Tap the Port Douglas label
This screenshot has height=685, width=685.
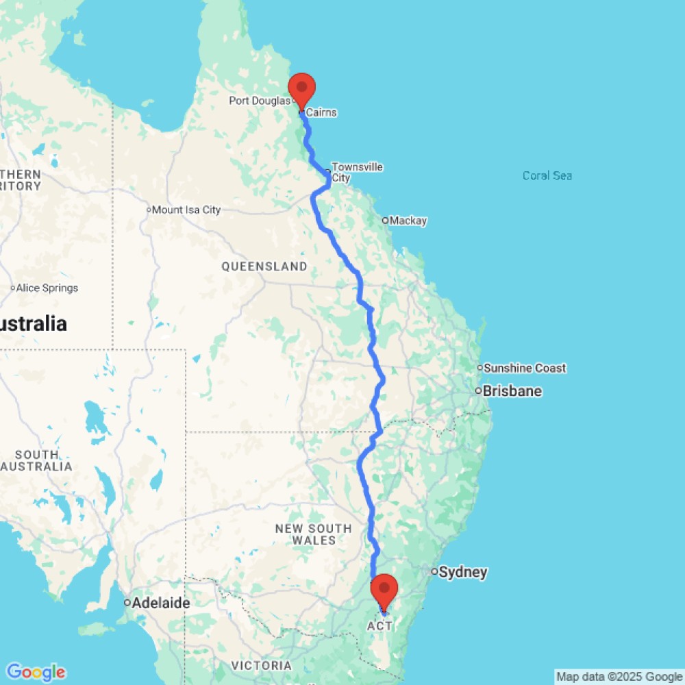(x=260, y=101)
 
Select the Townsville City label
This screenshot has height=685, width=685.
(x=357, y=173)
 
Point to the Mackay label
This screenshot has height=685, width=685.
(x=408, y=221)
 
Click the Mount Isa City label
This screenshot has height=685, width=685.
(x=186, y=210)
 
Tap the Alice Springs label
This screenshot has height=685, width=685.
(x=47, y=288)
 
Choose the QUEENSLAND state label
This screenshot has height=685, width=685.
(x=264, y=266)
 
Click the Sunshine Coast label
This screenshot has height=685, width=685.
(x=525, y=369)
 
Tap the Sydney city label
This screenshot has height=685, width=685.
(x=463, y=572)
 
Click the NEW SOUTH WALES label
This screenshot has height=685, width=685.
(x=313, y=534)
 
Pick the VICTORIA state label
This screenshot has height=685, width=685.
(x=261, y=666)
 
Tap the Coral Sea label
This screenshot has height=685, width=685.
(x=547, y=176)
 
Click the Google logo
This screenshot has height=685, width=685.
(x=35, y=673)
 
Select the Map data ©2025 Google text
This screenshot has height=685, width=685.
(x=619, y=677)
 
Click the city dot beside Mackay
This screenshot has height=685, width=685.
(x=385, y=221)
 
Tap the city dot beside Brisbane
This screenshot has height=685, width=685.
(x=478, y=391)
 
